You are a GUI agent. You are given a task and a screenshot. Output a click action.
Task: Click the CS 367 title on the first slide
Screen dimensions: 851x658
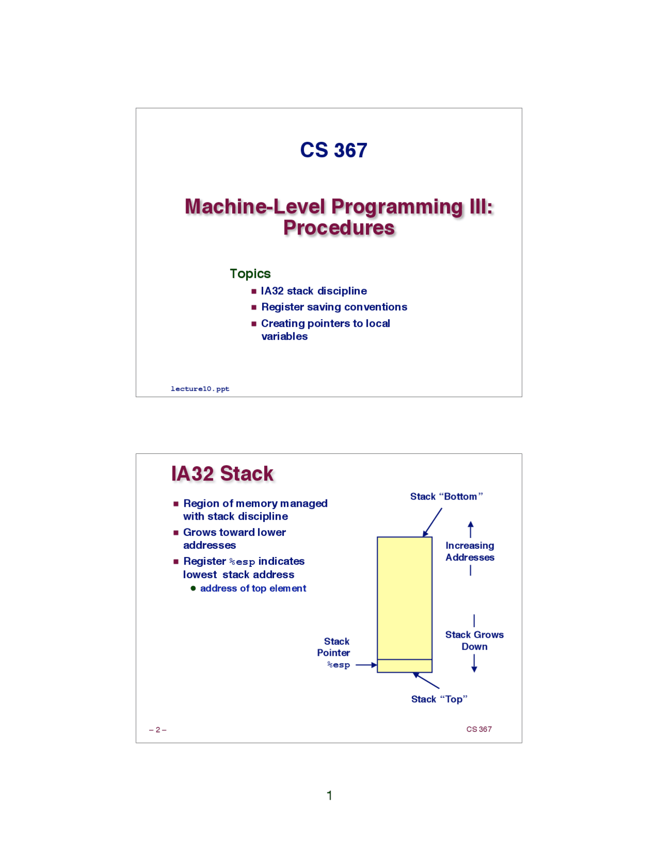click(333, 150)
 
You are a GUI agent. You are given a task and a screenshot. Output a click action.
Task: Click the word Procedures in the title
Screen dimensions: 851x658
click(339, 228)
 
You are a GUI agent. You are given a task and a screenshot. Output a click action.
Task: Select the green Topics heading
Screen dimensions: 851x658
click(250, 273)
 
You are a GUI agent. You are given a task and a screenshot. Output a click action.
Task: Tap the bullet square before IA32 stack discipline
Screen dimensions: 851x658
click(253, 291)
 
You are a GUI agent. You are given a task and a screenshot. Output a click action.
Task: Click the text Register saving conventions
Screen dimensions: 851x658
click(334, 307)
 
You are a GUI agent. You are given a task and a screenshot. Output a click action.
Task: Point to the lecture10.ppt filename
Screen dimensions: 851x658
click(200, 388)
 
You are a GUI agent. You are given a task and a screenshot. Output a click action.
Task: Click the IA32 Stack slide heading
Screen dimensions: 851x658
click(222, 473)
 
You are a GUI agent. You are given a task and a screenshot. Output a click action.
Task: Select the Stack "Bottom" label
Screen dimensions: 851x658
click(446, 496)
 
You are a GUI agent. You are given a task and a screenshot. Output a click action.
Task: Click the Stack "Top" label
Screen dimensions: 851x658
click(438, 699)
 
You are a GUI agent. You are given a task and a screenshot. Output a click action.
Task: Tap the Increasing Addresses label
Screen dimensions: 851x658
click(469, 551)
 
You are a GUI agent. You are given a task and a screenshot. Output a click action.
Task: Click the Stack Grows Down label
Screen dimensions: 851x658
click(474, 640)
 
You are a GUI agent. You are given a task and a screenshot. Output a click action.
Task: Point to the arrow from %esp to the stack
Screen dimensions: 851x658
click(366, 665)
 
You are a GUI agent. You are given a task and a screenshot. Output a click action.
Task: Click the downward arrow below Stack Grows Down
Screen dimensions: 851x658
click(474, 664)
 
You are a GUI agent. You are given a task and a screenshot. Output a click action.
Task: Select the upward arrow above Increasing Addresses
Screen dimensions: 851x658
click(470, 529)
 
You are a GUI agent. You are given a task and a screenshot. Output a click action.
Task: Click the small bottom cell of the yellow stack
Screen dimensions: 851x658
click(404, 666)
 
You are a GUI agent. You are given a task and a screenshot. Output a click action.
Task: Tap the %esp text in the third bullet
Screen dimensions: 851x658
click(242, 562)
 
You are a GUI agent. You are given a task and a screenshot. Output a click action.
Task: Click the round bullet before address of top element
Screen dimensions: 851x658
click(193, 588)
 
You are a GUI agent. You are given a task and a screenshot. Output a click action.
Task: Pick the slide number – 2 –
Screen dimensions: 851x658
click(157, 730)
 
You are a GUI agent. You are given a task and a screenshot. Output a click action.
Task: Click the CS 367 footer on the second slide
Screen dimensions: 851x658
click(479, 729)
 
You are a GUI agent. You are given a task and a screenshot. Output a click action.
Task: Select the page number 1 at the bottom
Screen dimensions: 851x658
click(329, 795)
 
